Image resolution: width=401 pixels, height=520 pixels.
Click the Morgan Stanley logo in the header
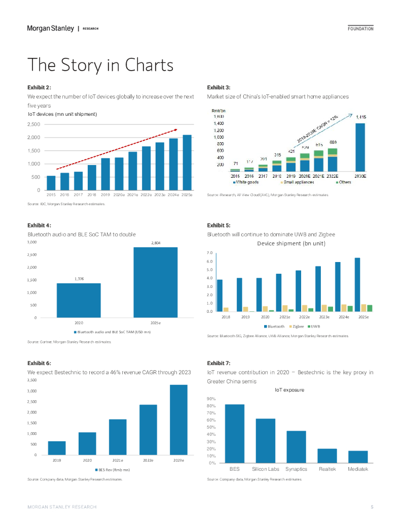point(50,28)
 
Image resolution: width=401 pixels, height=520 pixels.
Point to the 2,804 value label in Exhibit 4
point(156,243)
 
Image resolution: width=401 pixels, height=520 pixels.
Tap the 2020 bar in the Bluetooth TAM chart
point(79,301)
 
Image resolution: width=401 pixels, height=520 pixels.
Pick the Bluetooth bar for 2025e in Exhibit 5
point(357,284)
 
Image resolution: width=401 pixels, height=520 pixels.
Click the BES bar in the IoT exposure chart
point(235,434)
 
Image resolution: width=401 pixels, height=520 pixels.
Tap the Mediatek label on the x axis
point(357,469)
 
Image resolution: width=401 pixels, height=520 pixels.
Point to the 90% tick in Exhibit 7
point(212,399)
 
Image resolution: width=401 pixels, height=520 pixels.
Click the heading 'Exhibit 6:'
point(39,363)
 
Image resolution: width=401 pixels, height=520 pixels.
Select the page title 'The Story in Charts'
point(100,66)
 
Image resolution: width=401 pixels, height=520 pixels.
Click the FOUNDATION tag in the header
point(360,29)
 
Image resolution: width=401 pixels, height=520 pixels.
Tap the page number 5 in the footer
point(372,507)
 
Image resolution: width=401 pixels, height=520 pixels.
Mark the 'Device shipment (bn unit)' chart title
point(291,244)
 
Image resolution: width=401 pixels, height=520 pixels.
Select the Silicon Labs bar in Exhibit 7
point(266,441)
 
